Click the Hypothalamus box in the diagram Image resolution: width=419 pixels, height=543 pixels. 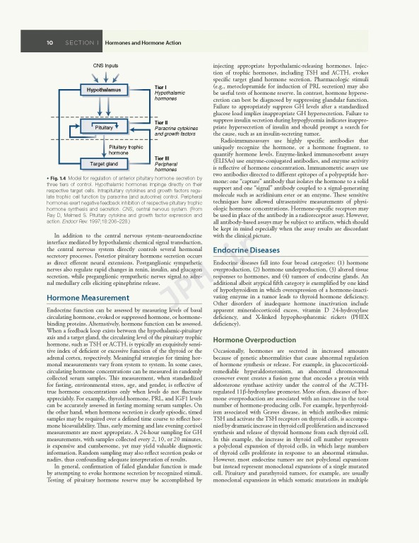click(104, 90)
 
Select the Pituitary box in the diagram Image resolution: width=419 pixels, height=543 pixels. click(104, 127)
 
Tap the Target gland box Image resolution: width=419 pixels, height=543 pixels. click(104, 163)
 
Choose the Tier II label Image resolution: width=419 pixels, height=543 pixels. click(161, 122)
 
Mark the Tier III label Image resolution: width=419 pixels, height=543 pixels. click(162, 158)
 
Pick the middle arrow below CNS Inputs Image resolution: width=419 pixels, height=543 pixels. click(104, 76)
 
